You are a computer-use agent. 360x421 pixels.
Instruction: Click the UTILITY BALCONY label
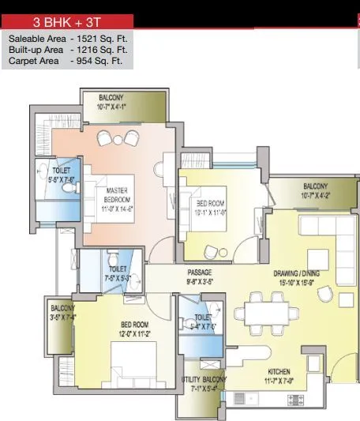(204, 384)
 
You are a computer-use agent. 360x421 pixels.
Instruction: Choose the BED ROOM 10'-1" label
(211, 208)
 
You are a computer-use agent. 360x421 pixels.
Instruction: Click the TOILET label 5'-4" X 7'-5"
(204, 321)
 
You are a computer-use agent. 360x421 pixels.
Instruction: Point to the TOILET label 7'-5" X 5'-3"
(114, 273)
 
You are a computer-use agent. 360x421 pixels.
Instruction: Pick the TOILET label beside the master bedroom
(62, 174)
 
